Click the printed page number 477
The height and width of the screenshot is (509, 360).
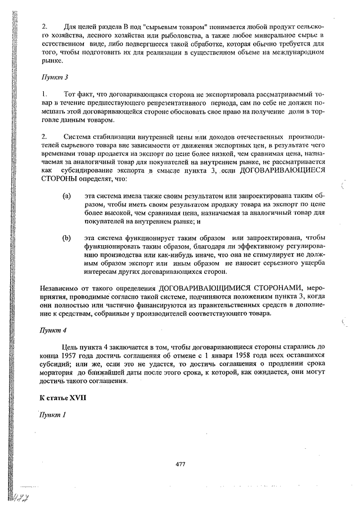pyautogui.click(x=180, y=464)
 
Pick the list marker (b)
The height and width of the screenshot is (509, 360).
pyautogui.click(x=66, y=238)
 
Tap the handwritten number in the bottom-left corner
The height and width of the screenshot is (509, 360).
pyautogui.click(x=21, y=497)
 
